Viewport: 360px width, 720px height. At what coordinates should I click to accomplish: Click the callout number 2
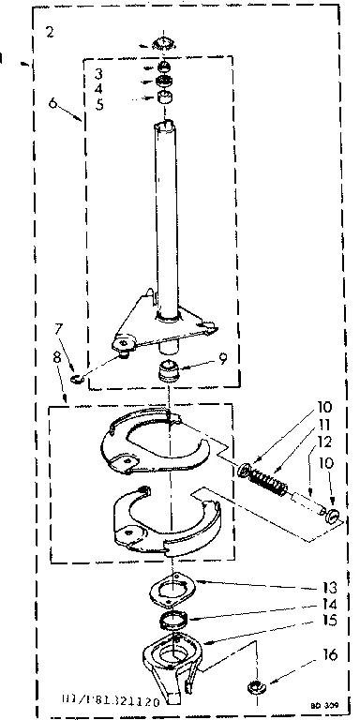(49, 33)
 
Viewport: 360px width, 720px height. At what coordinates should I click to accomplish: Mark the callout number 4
(111, 90)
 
